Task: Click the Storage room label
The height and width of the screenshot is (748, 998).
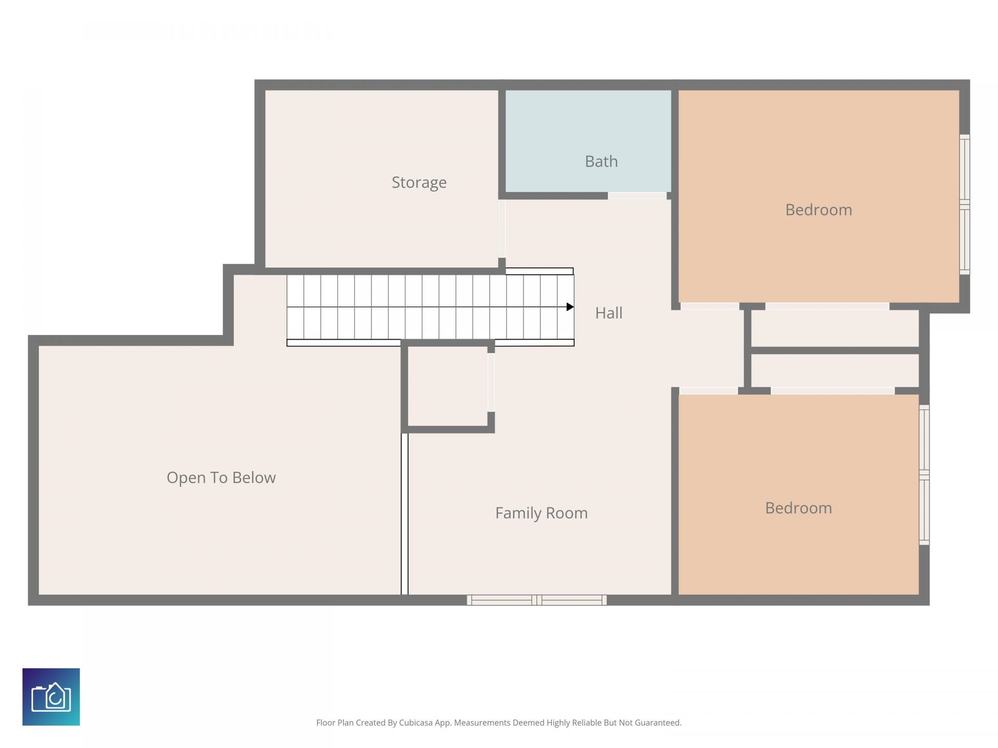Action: tap(419, 182)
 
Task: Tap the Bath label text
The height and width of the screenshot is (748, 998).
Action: tap(601, 161)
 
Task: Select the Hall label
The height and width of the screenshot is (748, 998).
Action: tap(608, 313)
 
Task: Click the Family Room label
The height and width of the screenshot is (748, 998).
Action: tap(541, 513)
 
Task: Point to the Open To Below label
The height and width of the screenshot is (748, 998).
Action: tap(221, 477)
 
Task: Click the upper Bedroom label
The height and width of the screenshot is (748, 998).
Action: tap(818, 209)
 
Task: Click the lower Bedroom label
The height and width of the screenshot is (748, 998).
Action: tap(798, 507)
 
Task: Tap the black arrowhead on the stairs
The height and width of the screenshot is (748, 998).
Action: tap(570, 307)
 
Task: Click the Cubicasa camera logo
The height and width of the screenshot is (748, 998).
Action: tap(51, 697)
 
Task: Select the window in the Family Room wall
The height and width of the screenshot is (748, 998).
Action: tap(536, 600)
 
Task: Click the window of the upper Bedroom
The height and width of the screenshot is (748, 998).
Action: tap(964, 204)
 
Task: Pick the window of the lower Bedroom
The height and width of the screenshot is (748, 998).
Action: tap(924, 475)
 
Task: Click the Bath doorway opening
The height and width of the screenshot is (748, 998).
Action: tap(637, 196)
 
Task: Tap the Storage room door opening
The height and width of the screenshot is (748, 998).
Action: tap(502, 229)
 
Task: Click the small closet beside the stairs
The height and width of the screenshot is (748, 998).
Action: tap(447, 386)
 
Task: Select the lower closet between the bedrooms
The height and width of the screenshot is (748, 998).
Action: tap(835, 370)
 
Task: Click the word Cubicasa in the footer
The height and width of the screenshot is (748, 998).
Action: tap(416, 723)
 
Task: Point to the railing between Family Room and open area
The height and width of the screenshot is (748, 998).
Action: tap(404, 514)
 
